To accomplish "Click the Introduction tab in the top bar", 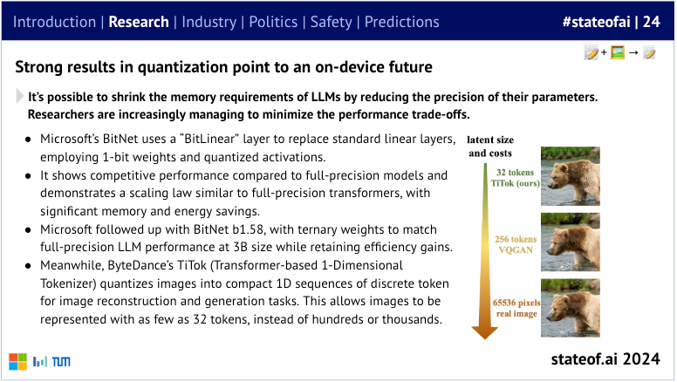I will click(54, 21).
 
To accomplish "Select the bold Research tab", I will click(138, 21).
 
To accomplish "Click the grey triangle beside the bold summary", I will click(20, 98).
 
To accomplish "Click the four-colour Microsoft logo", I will click(17, 361).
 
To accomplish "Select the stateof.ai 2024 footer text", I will click(612, 359).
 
